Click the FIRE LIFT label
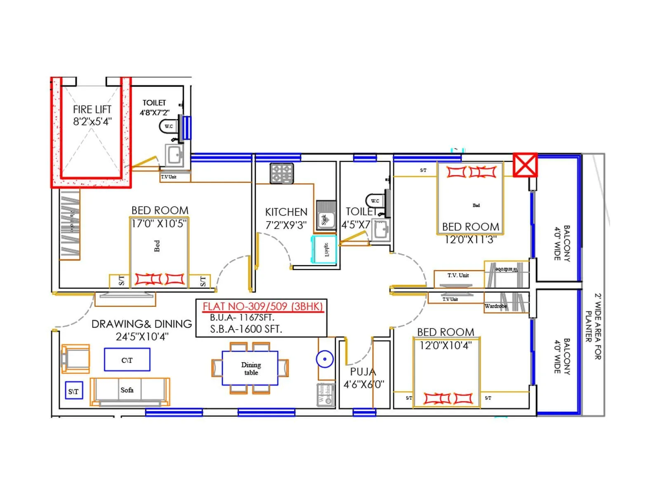click(x=92, y=110)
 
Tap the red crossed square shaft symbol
click(x=525, y=165)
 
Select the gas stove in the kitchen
click(x=282, y=173)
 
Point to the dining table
click(x=250, y=368)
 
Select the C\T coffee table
click(x=127, y=360)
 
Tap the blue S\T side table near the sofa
click(x=74, y=391)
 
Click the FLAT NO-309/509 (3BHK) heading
click(x=262, y=306)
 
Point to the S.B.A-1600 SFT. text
click(x=246, y=329)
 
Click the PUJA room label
click(x=363, y=372)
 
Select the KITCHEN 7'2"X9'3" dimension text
click(x=286, y=225)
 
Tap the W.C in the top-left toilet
click(x=169, y=126)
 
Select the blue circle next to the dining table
click(x=325, y=359)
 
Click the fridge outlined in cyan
click(x=324, y=250)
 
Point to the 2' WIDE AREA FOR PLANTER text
click(x=594, y=326)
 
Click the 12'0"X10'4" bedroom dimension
click(x=445, y=345)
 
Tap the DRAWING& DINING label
click(x=141, y=324)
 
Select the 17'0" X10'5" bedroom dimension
click(x=159, y=224)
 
